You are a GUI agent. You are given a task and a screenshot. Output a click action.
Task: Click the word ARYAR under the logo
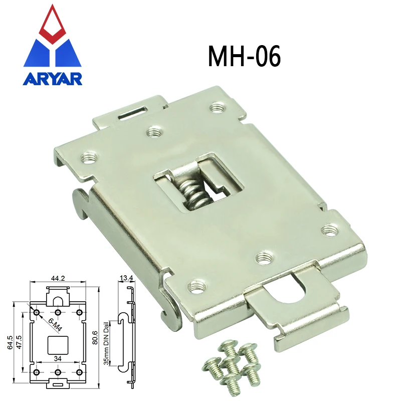[x=53, y=79]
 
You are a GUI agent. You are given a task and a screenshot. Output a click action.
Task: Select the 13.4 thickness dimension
[x=127, y=277]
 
